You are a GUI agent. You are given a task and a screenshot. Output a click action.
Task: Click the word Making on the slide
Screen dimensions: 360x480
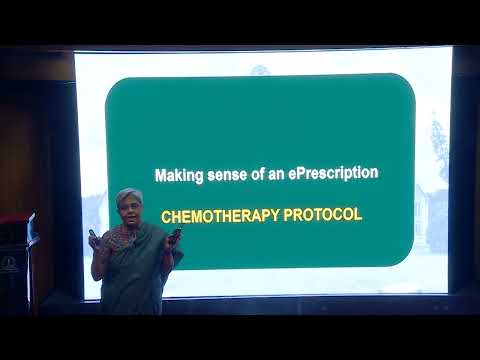pos(176,174)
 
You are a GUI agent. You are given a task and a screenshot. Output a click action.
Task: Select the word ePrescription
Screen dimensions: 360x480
pos(332,174)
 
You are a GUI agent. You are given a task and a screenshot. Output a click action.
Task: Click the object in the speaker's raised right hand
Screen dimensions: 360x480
pos(94,237)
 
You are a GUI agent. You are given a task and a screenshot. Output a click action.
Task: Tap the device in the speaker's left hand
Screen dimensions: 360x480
pos(176,234)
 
